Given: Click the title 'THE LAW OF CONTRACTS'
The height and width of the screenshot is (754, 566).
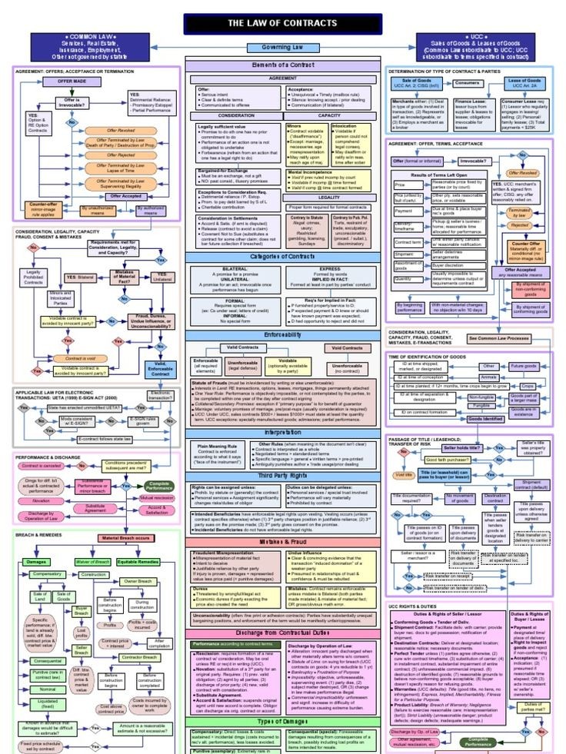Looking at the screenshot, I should [281, 23].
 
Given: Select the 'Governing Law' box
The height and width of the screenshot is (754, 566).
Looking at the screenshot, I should [282, 48].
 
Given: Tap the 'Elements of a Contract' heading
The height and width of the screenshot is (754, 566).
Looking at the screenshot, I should [282, 65].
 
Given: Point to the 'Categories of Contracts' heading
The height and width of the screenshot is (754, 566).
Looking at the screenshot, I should [282, 255].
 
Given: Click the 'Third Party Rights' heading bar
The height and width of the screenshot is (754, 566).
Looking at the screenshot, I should [282, 475].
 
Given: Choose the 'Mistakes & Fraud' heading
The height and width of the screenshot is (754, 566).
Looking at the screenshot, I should [282, 542].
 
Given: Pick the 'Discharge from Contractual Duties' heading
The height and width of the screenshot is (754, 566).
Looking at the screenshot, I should [282, 633].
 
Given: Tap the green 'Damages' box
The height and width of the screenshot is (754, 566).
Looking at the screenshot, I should [37, 562].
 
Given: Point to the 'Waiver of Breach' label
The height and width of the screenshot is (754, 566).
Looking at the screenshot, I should [92, 562].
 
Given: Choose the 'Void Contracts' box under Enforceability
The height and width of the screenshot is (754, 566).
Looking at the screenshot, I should [346, 347].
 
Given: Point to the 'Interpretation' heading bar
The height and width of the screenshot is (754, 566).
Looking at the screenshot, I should [282, 433].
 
